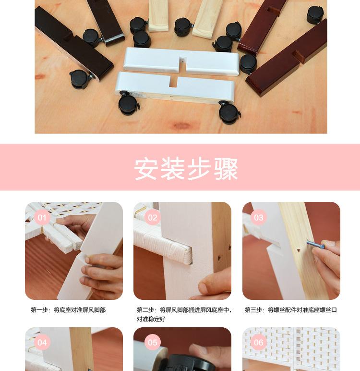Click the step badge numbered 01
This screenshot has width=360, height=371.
[42, 218]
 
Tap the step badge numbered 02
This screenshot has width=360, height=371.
[152, 218]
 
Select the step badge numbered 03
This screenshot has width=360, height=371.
[259, 218]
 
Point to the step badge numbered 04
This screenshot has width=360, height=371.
[42, 343]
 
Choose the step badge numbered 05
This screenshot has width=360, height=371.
[152, 343]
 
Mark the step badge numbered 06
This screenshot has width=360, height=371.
[259, 343]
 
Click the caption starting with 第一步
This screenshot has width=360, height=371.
[68, 310]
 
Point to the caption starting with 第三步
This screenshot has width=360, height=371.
[290, 310]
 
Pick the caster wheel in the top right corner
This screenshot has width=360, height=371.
[315, 14]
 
